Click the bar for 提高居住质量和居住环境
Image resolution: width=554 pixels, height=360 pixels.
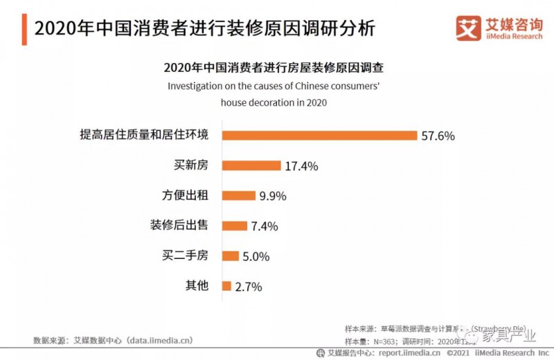pyautogui.click(x=319, y=135)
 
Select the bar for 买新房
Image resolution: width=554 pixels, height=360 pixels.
pyautogui.click(x=251, y=165)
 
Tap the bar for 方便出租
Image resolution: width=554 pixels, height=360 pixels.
pyautogui.click(x=238, y=195)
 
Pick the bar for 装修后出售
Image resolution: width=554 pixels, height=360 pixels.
pyautogui.click(x=234, y=226)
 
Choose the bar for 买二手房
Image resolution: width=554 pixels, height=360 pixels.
pyautogui.click(x=230, y=255)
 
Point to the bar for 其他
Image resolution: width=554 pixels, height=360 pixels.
pyautogui.click(x=226, y=285)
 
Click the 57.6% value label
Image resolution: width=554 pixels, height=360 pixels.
pyautogui.click(x=438, y=136)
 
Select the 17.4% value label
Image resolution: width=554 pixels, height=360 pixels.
pyautogui.click(x=301, y=166)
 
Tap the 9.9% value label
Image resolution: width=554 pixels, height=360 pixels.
pyautogui.click(x=272, y=196)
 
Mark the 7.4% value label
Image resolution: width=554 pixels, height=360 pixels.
pyautogui.click(x=265, y=226)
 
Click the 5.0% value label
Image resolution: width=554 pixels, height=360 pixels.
pyautogui.click(x=256, y=256)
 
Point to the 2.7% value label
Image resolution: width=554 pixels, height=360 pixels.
pyautogui.click(x=248, y=287)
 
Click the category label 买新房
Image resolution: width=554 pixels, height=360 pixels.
pyautogui.click(x=190, y=165)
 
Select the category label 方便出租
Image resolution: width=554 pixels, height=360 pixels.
pyautogui.click(x=184, y=195)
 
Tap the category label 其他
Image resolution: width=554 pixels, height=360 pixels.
pyautogui.click(x=197, y=285)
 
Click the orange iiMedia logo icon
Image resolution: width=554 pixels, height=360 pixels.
pyautogui.click(x=467, y=28)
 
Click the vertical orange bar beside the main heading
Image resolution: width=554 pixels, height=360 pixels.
pyautogui.click(x=24, y=28)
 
